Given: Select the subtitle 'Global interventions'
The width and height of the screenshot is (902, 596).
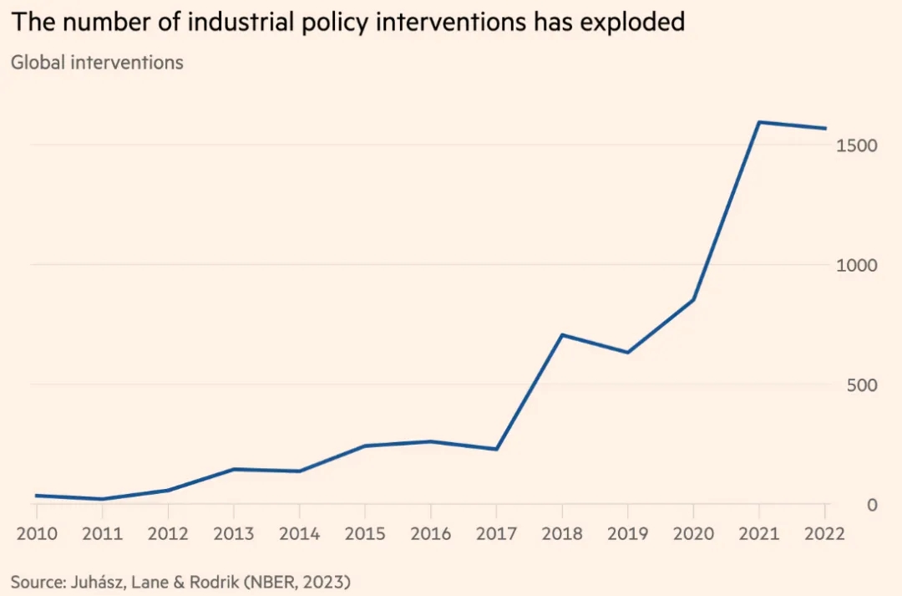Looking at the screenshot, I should coord(97,63).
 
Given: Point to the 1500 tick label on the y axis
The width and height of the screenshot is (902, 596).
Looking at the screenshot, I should coord(857,145).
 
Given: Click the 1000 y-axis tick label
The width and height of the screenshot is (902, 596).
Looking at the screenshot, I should coord(857,265).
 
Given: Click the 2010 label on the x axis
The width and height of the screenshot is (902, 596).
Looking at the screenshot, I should coord(37,533).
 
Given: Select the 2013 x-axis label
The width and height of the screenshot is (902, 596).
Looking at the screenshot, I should coord(233,533).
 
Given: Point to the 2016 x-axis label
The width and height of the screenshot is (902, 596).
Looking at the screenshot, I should coord(431,533).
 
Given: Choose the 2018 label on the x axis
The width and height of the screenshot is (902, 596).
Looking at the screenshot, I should coord(562,533).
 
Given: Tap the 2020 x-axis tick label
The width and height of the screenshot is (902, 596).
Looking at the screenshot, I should coord(693,533).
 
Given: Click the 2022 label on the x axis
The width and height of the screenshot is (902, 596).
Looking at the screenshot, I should coord(823,533).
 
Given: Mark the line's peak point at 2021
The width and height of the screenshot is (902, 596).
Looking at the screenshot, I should coord(758,122).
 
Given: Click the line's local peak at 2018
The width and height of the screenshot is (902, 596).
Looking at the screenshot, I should coord(562,335).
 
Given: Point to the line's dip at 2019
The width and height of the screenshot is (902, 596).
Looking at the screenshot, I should coord(627,352).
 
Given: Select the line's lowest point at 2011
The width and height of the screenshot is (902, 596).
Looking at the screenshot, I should coord(102,499).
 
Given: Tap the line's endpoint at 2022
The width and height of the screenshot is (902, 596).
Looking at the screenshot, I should coord(825,129).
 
